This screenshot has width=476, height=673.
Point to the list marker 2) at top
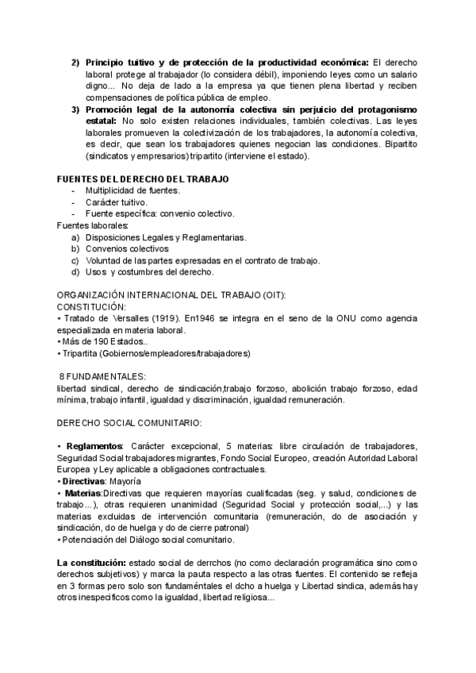(x=75, y=63)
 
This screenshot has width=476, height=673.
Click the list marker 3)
(x=75, y=110)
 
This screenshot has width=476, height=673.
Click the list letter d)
(x=75, y=272)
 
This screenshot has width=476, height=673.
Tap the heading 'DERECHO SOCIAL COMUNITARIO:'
(x=130, y=423)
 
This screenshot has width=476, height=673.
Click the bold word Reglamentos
(x=94, y=447)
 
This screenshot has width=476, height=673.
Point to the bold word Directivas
(x=89, y=482)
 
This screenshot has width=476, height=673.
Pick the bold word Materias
(x=89, y=494)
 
